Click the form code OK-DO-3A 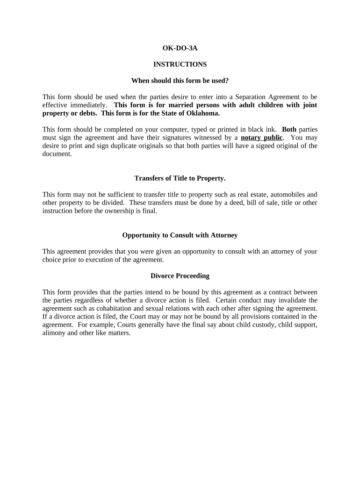(x=180, y=48)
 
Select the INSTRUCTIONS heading (x=180, y=64)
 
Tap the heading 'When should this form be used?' (x=180, y=80)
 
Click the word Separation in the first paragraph (x=252, y=97)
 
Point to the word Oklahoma (x=202, y=113)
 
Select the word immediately (x=88, y=105)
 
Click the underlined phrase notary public (x=261, y=138)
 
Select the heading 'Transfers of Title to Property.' (x=180, y=178)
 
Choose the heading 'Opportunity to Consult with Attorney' (x=180, y=235)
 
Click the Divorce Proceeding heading (x=180, y=276)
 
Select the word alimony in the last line (x=54, y=333)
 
